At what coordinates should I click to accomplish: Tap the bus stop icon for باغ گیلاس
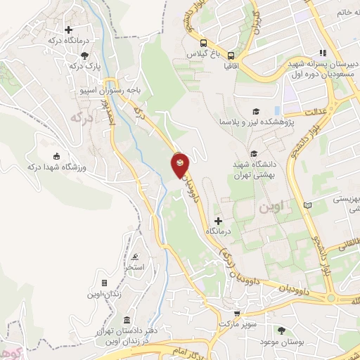tap(203, 41)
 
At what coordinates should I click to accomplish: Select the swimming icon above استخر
tap(134, 257)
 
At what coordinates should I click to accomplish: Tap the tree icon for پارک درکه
tap(85, 56)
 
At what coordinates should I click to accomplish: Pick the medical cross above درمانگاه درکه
tap(69, 30)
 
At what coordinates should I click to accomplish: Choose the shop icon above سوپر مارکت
tap(237, 314)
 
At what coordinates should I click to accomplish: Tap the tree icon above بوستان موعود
tap(283, 330)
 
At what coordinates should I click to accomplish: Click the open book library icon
tap(307, 205)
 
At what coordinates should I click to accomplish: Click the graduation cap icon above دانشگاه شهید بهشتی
tap(254, 153)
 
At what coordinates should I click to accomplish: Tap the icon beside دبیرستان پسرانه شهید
tap(323, 53)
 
